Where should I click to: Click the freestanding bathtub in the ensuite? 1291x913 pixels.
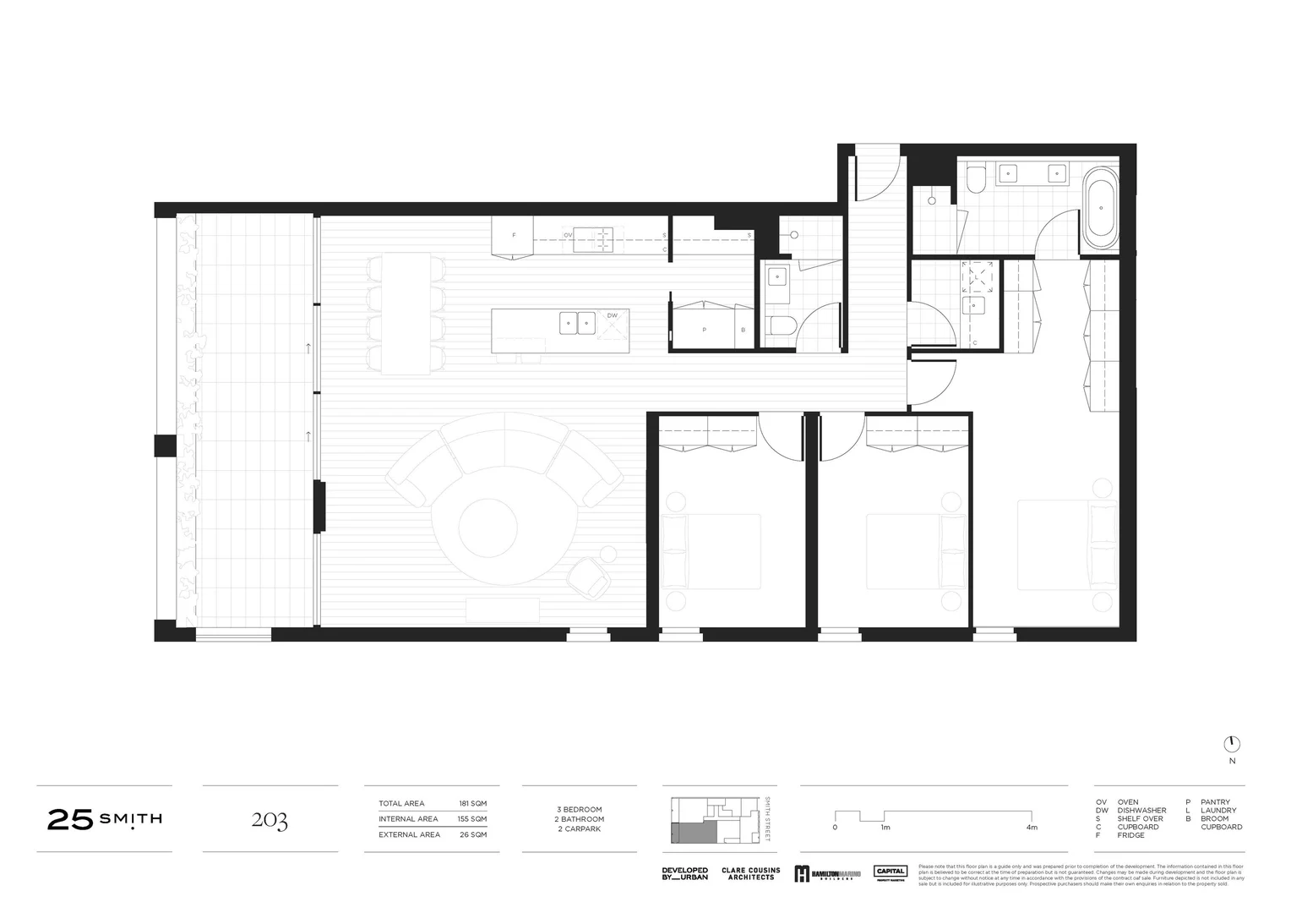[x=1100, y=207]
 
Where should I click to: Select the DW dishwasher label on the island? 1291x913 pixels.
[x=612, y=316]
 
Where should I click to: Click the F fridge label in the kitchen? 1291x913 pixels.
[x=513, y=234]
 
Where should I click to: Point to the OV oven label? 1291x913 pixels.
[x=568, y=234]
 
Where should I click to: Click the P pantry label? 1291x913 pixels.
[x=704, y=330]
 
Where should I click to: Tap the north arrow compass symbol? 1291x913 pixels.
[x=1232, y=744]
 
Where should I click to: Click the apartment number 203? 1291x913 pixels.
[x=270, y=820]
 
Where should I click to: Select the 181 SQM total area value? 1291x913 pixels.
[x=472, y=803]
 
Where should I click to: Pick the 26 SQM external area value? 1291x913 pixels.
[x=474, y=834]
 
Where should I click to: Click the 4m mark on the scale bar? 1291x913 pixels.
[x=1031, y=828]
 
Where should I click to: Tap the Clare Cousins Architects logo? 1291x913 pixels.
[x=750, y=874]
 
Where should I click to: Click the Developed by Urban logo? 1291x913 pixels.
[x=684, y=874]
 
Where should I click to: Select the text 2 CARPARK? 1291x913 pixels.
[x=579, y=829]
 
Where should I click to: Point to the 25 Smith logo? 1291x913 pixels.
[x=105, y=819]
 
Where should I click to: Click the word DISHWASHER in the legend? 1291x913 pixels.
[x=1141, y=811]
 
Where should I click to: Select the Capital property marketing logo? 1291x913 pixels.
[x=891, y=873]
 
